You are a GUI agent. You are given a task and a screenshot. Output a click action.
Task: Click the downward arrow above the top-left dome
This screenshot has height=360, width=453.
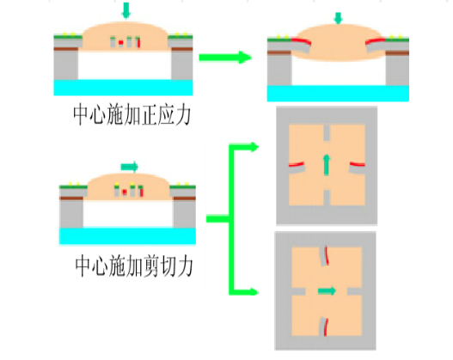coord(126,10)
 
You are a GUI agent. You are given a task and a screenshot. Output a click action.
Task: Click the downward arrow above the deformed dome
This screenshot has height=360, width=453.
coord(338,18)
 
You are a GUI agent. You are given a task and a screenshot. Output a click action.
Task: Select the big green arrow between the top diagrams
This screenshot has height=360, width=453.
coord(225,58)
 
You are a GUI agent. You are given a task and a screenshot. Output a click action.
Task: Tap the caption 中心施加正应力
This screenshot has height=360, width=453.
coord(132,115)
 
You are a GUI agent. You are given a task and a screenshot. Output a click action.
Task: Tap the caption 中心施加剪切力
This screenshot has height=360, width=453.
coord(134,266)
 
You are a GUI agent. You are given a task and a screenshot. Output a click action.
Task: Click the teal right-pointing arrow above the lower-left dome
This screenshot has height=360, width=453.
coord(130,167)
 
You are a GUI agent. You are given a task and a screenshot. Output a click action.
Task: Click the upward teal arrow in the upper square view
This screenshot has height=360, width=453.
coord(327,165)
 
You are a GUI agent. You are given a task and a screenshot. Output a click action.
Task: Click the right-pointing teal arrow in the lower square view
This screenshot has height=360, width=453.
coord(327,290)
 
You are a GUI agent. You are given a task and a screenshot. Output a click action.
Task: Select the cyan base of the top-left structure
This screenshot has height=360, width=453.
coord(124,88)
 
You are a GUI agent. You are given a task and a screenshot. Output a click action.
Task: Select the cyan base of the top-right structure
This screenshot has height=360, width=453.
coord(338,94)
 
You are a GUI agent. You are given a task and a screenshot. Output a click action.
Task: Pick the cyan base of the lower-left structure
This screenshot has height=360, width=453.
coord(127,236)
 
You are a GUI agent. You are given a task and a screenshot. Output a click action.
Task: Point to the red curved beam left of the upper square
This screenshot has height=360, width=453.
coord(297,164)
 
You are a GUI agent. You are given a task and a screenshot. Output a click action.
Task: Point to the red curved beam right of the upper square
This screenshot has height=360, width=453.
coord(358,164)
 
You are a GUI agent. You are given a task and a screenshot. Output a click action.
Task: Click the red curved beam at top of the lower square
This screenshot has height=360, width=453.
coord(327,255)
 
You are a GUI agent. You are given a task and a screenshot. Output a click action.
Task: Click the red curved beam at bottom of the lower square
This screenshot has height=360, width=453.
coord(326,327)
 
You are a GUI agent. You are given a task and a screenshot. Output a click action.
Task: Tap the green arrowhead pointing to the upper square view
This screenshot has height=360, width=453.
coord(254,147)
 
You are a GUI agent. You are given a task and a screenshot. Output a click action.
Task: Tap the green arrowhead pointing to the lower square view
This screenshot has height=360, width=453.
coord(254,292)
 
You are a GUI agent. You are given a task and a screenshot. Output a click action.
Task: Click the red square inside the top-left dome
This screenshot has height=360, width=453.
coord(120,43)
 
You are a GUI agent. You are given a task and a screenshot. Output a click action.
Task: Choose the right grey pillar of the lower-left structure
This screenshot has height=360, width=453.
coord(184,214)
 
